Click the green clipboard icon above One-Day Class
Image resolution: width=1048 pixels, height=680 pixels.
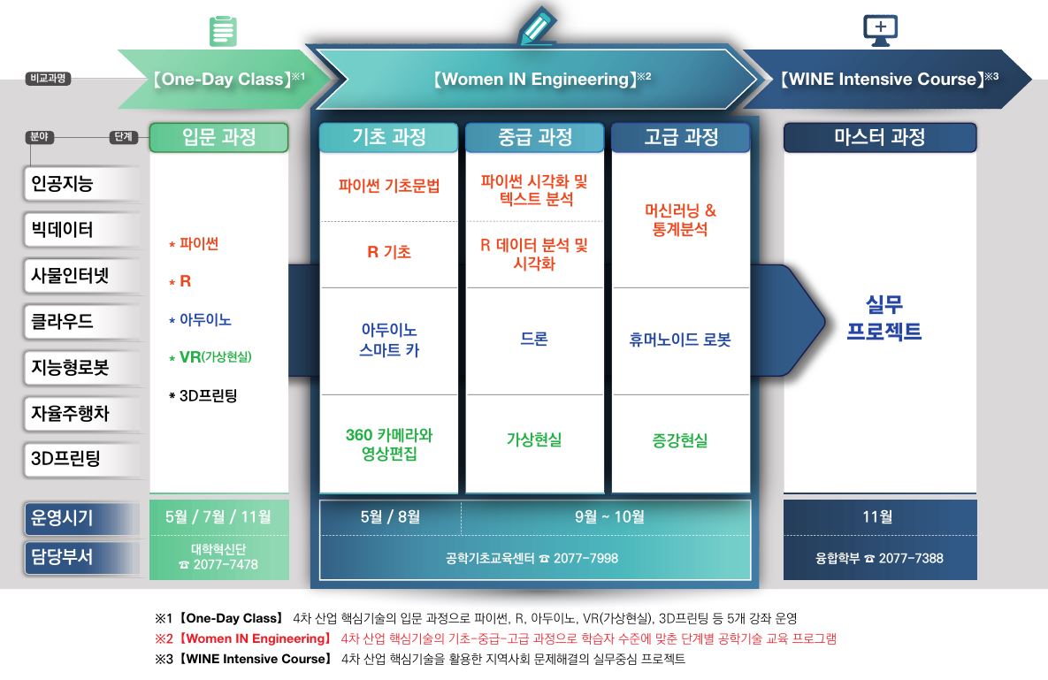pyautogui.click(x=223, y=31)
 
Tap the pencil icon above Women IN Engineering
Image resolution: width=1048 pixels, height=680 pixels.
pyautogui.click(x=538, y=26)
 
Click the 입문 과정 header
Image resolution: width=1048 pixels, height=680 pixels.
pyautogui.click(x=219, y=137)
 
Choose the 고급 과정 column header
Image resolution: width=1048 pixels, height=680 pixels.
pyautogui.click(x=681, y=137)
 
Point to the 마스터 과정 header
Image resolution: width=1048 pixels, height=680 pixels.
pyautogui.click(x=880, y=137)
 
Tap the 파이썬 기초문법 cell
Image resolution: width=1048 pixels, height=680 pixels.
pyautogui.click(x=389, y=186)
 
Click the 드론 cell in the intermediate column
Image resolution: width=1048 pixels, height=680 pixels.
pyautogui.click(x=534, y=339)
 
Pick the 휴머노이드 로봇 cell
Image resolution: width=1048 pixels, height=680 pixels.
pyautogui.click(x=680, y=340)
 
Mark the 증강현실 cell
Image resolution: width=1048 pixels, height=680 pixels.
pyautogui.click(x=680, y=440)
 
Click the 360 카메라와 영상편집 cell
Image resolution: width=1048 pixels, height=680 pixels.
pyautogui.click(x=389, y=444)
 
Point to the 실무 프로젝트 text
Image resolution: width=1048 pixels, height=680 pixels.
pyautogui.click(x=884, y=318)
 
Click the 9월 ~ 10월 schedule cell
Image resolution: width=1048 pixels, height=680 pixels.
pyautogui.click(x=609, y=517)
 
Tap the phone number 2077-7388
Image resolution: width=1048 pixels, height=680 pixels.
pyautogui.click(x=911, y=559)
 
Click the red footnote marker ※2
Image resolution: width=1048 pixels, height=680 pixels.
pyautogui.click(x=164, y=638)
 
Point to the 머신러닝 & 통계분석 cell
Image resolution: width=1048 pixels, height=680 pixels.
pyautogui.click(x=680, y=220)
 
